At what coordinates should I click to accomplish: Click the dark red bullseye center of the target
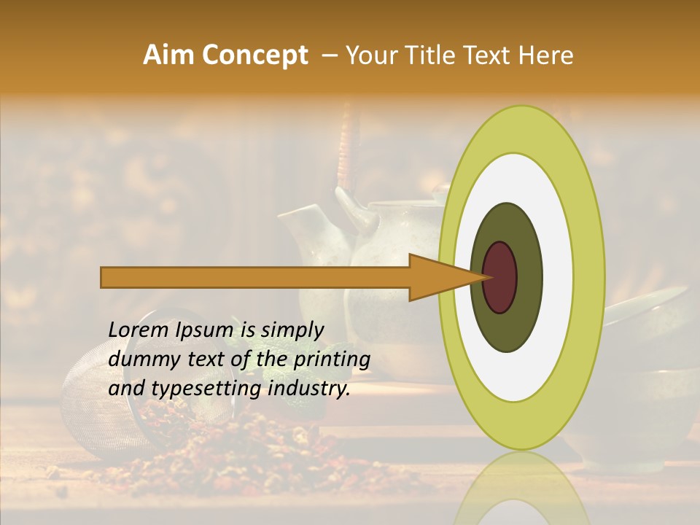(x=500, y=277)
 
